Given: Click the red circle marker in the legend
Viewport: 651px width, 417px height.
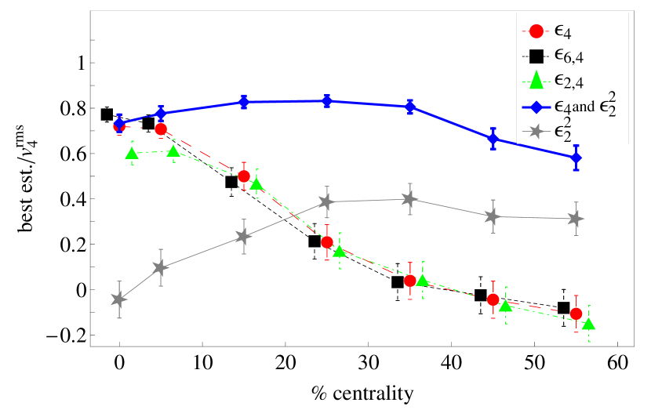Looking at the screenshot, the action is point(536,31).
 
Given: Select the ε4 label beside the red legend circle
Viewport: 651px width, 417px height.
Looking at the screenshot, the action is point(562,32).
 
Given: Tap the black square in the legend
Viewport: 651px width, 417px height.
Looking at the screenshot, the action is point(536,56).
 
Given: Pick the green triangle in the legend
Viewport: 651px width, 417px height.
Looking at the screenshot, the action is point(536,79).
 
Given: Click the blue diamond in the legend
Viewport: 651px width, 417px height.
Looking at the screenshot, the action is point(536,105).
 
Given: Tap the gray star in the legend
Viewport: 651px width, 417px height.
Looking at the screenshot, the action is point(536,132).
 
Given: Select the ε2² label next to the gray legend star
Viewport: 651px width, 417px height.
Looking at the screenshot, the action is point(562,130).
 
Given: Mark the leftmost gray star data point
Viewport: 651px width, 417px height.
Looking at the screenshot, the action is point(119,299).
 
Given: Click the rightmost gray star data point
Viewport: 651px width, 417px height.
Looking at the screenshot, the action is point(576,219).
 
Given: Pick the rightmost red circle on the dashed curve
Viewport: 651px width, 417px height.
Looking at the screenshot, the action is point(576,314).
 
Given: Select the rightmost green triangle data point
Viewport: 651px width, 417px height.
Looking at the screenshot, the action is point(588,324).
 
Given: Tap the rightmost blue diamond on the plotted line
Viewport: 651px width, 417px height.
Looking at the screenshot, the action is point(576,158).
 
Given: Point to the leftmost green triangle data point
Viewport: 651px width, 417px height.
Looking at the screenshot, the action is point(132,153).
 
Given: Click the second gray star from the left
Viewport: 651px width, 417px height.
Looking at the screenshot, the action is point(161,267).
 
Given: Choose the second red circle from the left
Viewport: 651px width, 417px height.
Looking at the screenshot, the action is point(161,129).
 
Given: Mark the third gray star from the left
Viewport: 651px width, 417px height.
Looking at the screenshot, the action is point(244,236).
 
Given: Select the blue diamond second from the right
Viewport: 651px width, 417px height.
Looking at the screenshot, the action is point(493,139).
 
